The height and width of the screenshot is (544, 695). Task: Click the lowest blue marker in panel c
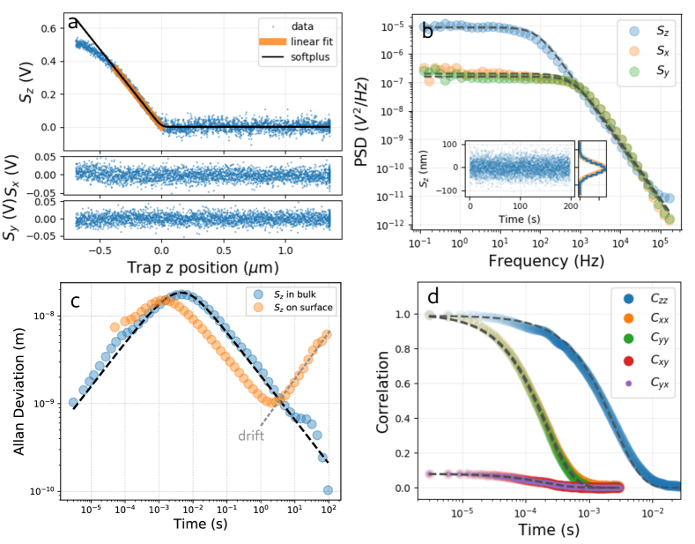(328, 490)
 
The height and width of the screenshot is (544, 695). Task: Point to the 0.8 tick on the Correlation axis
(400, 348)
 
